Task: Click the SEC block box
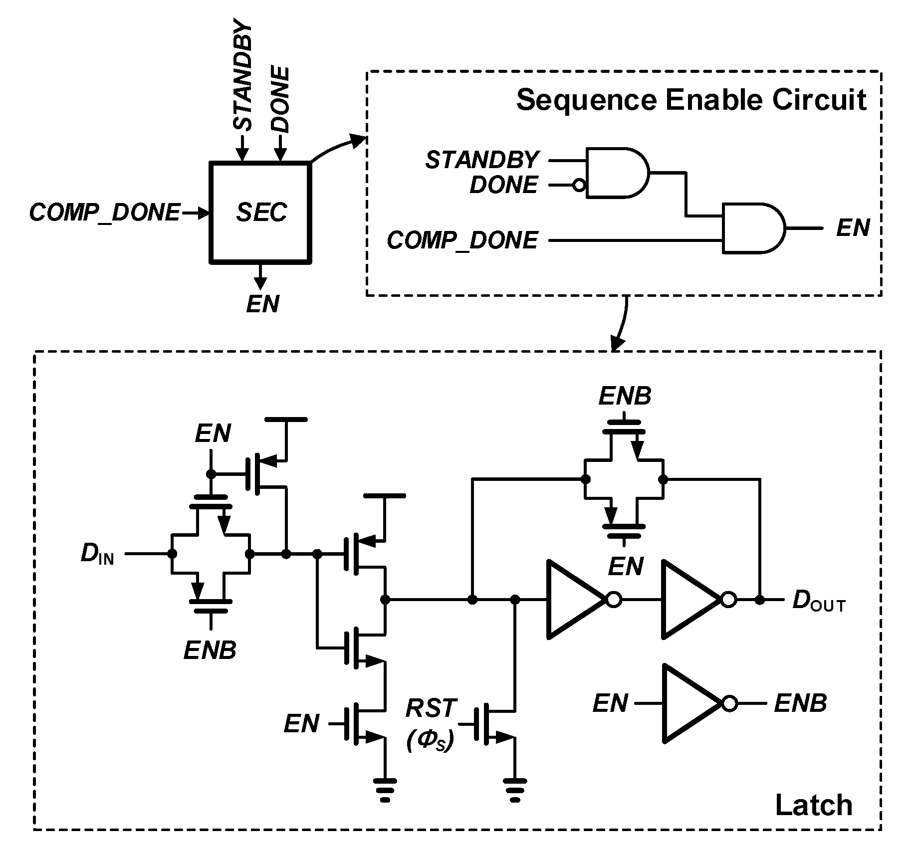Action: (260, 212)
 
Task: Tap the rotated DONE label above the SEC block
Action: (281, 100)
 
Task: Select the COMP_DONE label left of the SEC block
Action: (104, 213)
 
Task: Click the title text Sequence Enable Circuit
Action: (691, 100)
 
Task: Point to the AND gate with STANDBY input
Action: (617, 173)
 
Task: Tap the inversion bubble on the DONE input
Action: (579, 186)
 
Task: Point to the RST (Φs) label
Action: (431, 724)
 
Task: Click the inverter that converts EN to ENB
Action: (693, 703)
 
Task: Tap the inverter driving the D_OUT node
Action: (693, 599)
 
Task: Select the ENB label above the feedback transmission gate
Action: (625, 397)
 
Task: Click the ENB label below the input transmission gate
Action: (210, 650)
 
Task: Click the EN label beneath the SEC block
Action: (263, 304)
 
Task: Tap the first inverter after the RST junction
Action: (579, 599)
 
